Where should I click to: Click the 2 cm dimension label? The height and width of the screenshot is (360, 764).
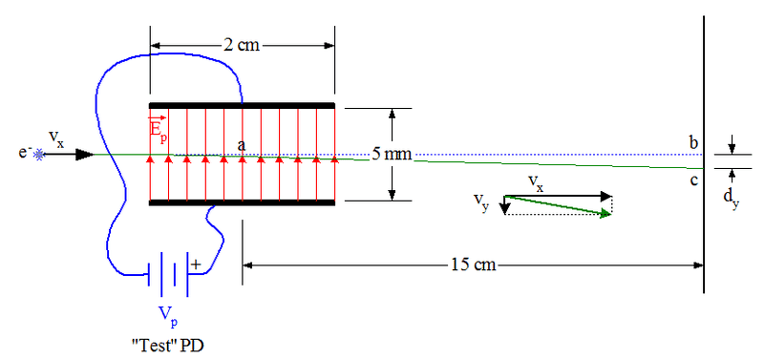pyautogui.click(x=242, y=45)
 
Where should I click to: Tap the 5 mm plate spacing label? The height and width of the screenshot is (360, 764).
pyautogui.click(x=393, y=155)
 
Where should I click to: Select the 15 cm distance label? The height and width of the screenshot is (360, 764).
pyautogui.click(x=473, y=265)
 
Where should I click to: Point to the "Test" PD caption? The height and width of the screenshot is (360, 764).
pyautogui.click(x=167, y=346)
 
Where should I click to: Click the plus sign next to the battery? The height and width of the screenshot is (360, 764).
pyautogui.click(x=196, y=265)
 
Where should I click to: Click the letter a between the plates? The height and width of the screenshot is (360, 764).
pyautogui.click(x=242, y=145)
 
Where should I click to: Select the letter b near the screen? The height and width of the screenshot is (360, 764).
pyautogui.click(x=694, y=143)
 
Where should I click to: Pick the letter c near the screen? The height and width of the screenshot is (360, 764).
pyautogui.click(x=694, y=180)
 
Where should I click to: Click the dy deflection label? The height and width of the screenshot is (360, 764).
pyautogui.click(x=731, y=198)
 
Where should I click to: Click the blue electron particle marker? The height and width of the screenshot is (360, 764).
pyautogui.click(x=38, y=155)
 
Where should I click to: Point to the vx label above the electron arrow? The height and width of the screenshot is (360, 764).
pyautogui.click(x=56, y=139)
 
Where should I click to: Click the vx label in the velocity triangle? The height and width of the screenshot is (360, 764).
pyautogui.click(x=537, y=183)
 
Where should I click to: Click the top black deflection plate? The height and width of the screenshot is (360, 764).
pyautogui.click(x=242, y=105)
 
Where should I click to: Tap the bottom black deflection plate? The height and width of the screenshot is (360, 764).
pyautogui.click(x=242, y=202)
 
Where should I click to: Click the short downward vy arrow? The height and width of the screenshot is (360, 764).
pyautogui.click(x=505, y=205)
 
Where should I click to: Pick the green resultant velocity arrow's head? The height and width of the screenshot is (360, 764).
pyautogui.click(x=606, y=213)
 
